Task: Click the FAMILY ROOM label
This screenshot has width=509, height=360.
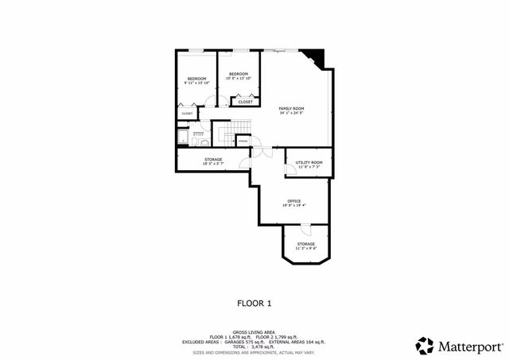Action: [292, 108]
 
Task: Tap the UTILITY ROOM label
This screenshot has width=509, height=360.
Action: [309, 162]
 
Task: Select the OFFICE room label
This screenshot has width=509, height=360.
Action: [293, 201]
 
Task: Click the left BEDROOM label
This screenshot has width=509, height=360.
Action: [196, 78]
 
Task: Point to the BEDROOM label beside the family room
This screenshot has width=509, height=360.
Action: [239, 73]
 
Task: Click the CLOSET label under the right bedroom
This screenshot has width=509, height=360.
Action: [246, 102]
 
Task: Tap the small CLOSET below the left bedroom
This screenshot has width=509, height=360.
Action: [187, 114]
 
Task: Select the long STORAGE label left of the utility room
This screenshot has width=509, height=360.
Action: [213, 160]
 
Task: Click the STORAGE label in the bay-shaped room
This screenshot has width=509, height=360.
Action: [306, 244]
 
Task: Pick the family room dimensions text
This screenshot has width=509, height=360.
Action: [292, 113]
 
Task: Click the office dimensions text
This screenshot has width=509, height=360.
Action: [293, 206]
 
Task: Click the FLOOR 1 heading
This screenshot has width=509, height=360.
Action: [254, 303]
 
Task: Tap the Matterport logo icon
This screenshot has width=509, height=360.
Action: [424, 345]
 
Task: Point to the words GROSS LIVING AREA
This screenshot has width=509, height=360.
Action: [254, 332]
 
